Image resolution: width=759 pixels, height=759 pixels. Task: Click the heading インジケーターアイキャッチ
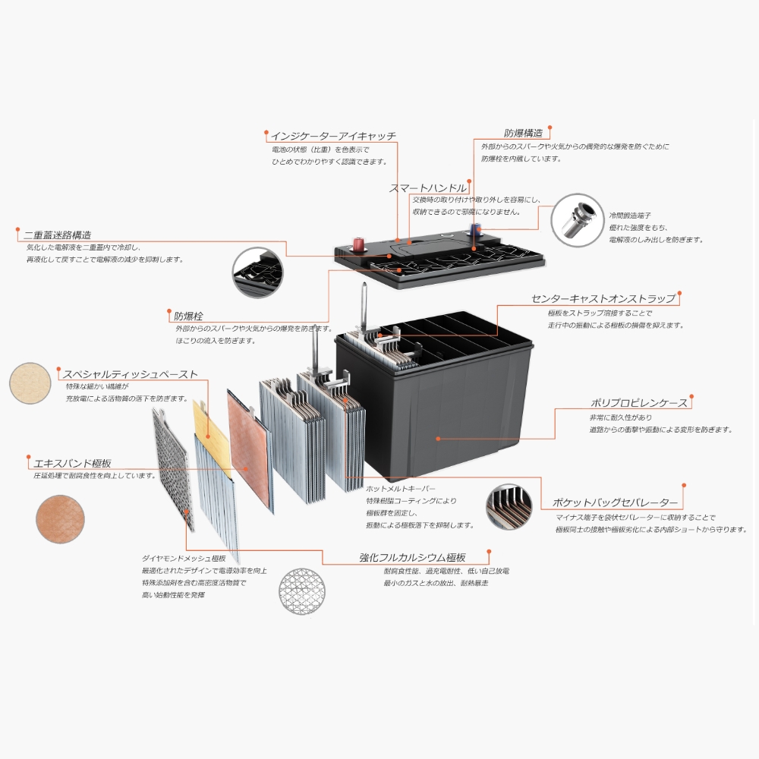point(333,136)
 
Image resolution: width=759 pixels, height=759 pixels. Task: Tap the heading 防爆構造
point(523,133)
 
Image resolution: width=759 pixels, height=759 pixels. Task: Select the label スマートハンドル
point(428,187)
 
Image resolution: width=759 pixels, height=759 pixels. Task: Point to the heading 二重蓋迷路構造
point(58,235)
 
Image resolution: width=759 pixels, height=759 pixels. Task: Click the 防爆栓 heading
point(188,316)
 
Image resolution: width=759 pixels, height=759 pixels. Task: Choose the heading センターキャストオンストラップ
point(603,298)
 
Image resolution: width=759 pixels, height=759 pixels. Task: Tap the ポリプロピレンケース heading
point(639,403)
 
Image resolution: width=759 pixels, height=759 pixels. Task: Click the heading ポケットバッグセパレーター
point(616,502)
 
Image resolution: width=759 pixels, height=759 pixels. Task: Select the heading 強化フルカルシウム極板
point(412,558)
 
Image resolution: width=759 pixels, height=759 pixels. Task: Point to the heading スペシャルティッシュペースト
point(131,374)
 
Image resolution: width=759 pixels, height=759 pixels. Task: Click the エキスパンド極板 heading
point(73,463)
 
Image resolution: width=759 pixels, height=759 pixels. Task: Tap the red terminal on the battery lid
point(359,244)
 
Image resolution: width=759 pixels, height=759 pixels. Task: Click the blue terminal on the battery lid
point(475,229)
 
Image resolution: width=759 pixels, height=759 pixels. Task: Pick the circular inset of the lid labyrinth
point(257,272)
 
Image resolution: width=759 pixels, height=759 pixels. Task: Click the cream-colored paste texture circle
point(30,383)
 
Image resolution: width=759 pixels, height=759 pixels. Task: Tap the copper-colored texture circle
point(60,519)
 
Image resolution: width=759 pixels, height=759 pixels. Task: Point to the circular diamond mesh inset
point(302,591)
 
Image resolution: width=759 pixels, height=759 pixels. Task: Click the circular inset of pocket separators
point(509,506)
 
